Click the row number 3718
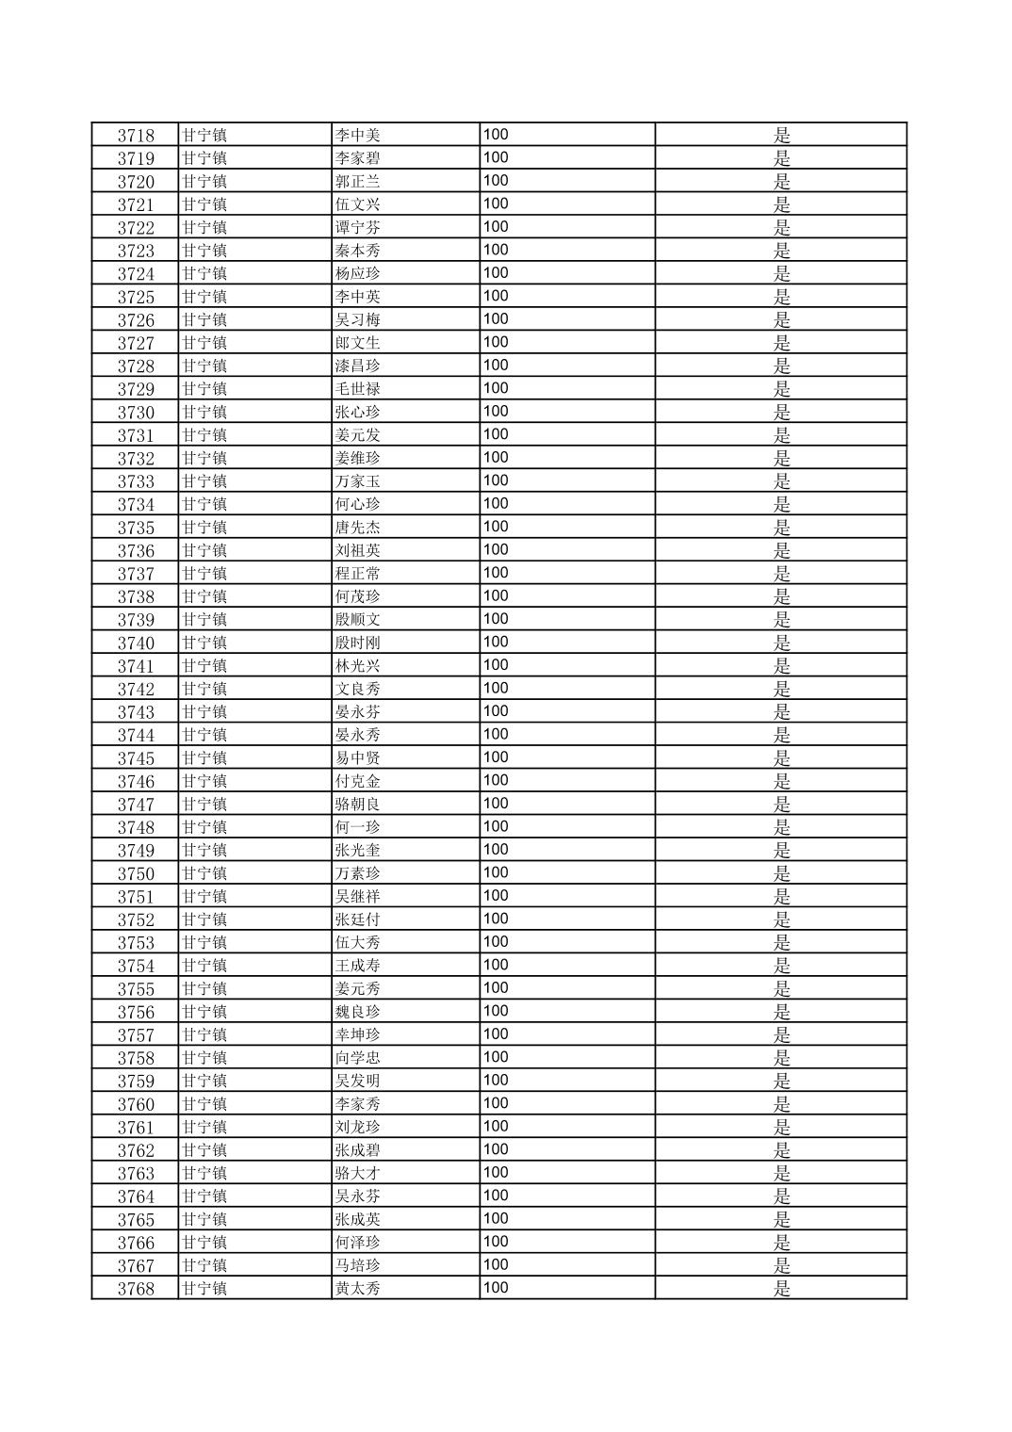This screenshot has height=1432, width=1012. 136,135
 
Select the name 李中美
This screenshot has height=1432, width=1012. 358,135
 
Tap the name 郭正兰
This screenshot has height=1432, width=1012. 358,181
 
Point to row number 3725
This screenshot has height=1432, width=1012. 136,297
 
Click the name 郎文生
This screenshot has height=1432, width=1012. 358,343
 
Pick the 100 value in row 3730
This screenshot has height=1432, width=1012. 496,412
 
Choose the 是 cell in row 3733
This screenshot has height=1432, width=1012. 781,481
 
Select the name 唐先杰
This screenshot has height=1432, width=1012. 358,528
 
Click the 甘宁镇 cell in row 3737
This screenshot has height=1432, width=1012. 204,574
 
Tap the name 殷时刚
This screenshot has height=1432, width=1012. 358,643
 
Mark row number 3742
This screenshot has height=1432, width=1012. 136,689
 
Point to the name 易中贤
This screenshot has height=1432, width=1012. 358,758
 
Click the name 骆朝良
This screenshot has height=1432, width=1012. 358,805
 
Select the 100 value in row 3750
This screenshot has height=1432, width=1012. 496,873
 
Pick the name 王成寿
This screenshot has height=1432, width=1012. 358,966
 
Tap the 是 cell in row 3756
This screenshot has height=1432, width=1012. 781,1012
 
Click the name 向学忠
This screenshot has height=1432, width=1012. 358,1058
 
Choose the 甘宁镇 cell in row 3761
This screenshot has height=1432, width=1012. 204,1127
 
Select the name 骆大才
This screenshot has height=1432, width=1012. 358,1173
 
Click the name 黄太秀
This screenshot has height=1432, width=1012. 358,1289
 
